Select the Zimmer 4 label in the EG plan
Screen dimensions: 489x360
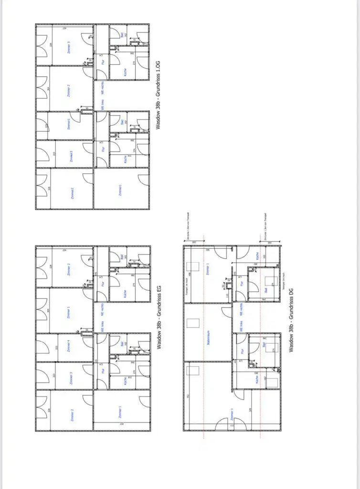tap(70, 347)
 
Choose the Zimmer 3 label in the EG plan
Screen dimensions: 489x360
tap(70, 377)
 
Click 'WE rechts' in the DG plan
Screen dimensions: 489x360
tap(242, 311)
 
